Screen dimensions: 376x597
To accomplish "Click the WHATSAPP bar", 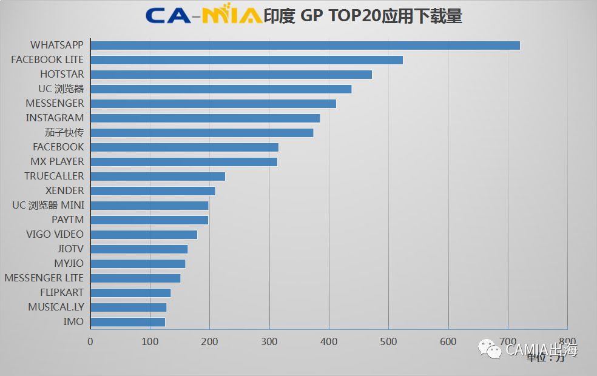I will [x=305, y=45].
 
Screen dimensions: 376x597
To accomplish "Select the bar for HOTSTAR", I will [x=231, y=75].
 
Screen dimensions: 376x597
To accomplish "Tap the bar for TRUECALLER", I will [x=158, y=176].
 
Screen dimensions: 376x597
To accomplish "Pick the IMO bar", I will [x=128, y=322].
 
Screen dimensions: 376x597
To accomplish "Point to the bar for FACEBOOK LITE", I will [x=247, y=60].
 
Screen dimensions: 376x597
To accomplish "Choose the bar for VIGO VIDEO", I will [x=144, y=235].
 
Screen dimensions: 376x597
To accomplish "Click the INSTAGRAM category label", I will [x=55, y=118].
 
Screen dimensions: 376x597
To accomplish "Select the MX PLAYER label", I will [x=57, y=161].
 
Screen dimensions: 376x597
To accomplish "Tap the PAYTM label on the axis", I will [x=67, y=220].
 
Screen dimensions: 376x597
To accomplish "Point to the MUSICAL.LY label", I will [x=56, y=307].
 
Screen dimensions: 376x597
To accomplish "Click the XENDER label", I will [x=65, y=190].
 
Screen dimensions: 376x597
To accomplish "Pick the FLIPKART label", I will [x=62, y=292].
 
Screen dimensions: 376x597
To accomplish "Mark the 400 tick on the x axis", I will [x=329, y=342].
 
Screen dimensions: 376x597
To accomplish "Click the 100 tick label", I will [x=150, y=342].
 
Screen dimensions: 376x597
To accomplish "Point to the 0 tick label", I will [x=90, y=342].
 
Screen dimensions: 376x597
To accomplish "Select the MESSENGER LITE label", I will [x=44, y=278].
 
